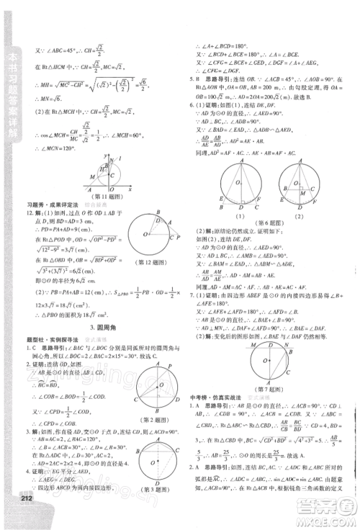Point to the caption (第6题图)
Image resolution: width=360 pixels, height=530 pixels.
pyautogui.click(x=271, y=223)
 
